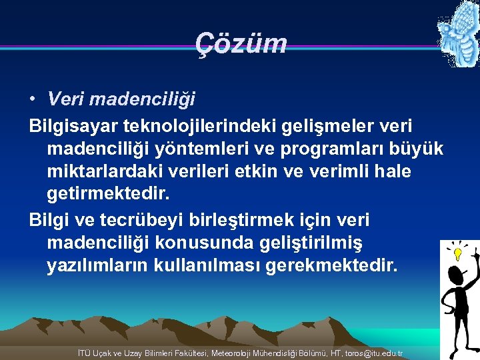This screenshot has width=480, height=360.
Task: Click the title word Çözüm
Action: pos(241,44)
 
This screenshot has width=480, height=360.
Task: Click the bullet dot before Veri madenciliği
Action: pos(32,99)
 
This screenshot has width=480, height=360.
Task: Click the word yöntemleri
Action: pos(207,149)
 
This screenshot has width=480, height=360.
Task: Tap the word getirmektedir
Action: pos(109,195)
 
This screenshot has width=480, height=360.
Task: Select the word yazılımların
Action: pos(97,266)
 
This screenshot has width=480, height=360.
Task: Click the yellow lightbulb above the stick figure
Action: pos(458,253)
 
